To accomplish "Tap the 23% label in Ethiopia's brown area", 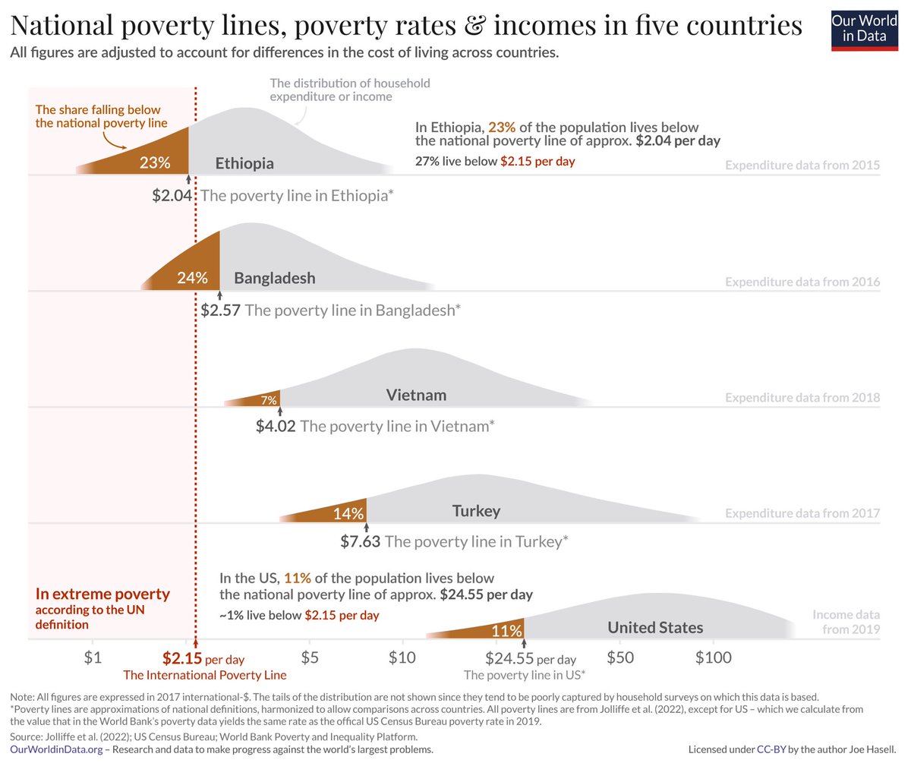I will coord(154,162).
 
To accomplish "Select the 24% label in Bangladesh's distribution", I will coord(191,278).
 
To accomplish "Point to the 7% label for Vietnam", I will coord(269,399).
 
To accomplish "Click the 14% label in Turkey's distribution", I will coord(348,513).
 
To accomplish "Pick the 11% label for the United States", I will coord(506,630).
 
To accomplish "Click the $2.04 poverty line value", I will coord(172,195).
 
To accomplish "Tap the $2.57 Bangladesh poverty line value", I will coord(221,311).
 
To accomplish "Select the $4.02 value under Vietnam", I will coord(276,426).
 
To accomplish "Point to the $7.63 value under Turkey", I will coord(360,542).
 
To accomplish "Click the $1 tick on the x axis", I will coord(92,657).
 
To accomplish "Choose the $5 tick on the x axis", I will coord(309,657).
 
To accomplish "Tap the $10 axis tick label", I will coord(402,657).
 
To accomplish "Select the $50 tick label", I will coord(620,657).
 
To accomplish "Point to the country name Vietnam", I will coord(416,395).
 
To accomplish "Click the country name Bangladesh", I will coord(274,278).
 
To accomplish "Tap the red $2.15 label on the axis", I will coord(182,658).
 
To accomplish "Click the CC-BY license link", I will coord(771,750).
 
